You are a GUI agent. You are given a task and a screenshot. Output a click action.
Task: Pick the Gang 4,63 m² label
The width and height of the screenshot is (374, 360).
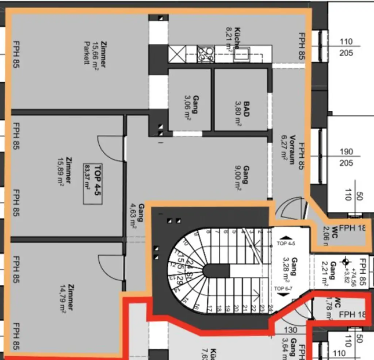(136, 215)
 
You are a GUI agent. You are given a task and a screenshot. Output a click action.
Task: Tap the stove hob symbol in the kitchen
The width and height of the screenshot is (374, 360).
(206, 54)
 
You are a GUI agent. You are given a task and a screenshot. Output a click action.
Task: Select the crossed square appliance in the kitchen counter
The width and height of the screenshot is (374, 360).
(177, 54)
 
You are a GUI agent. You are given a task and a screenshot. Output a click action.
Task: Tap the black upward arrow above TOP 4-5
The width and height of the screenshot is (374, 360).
(287, 237)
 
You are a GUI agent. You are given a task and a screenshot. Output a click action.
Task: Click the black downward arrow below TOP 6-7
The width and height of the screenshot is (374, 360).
(287, 294)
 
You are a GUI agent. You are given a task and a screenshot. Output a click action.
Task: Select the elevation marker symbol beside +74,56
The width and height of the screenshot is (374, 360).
(346, 261)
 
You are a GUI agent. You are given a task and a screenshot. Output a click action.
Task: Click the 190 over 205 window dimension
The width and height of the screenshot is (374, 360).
(346, 157)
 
